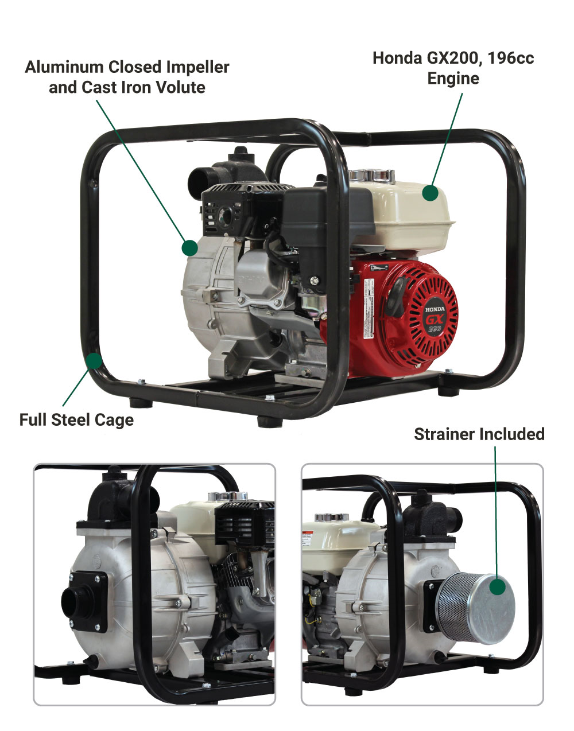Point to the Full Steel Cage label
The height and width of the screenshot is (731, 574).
76,419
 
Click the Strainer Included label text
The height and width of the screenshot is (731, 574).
479,434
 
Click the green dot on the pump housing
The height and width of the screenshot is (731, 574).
189,248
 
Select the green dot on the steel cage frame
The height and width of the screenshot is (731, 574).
94,361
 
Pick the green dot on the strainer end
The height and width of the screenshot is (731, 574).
498,586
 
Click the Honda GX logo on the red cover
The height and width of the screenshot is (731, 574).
435,317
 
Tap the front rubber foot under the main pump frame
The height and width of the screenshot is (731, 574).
266,422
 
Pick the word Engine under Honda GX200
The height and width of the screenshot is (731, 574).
453,79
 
